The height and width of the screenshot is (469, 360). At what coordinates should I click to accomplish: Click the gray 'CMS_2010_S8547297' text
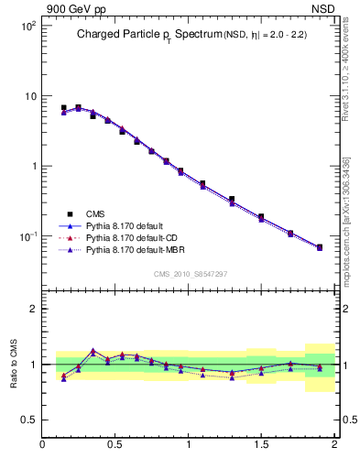[x=191, y=274]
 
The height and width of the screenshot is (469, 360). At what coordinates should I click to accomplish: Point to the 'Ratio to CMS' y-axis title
[x=14, y=364]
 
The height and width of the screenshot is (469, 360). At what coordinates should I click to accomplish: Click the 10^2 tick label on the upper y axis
[x=27, y=26]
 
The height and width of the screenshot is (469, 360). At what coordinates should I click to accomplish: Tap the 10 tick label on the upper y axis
[x=29, y=96]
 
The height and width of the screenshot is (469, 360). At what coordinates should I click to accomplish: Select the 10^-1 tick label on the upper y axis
[x=27, y=236]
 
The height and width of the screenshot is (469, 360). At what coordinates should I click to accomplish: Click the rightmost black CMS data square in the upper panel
[x=320, y=247]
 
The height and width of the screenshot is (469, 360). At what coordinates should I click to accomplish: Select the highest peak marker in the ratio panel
[x=93, y=350]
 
